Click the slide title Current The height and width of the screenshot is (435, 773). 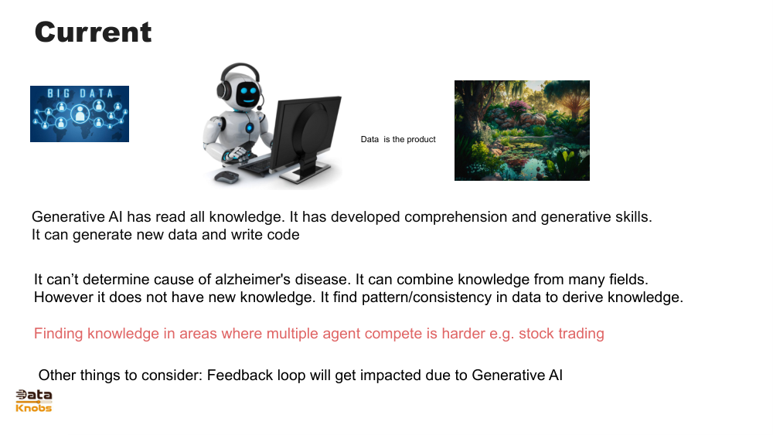point(93,32)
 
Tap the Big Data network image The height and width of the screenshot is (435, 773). point(80,114)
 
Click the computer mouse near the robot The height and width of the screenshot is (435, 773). point(226,178)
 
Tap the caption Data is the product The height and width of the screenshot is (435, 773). point(398,140)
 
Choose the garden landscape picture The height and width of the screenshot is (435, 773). point(522,131)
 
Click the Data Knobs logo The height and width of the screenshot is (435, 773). point(34,400)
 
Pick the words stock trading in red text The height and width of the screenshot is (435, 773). point(561,334)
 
